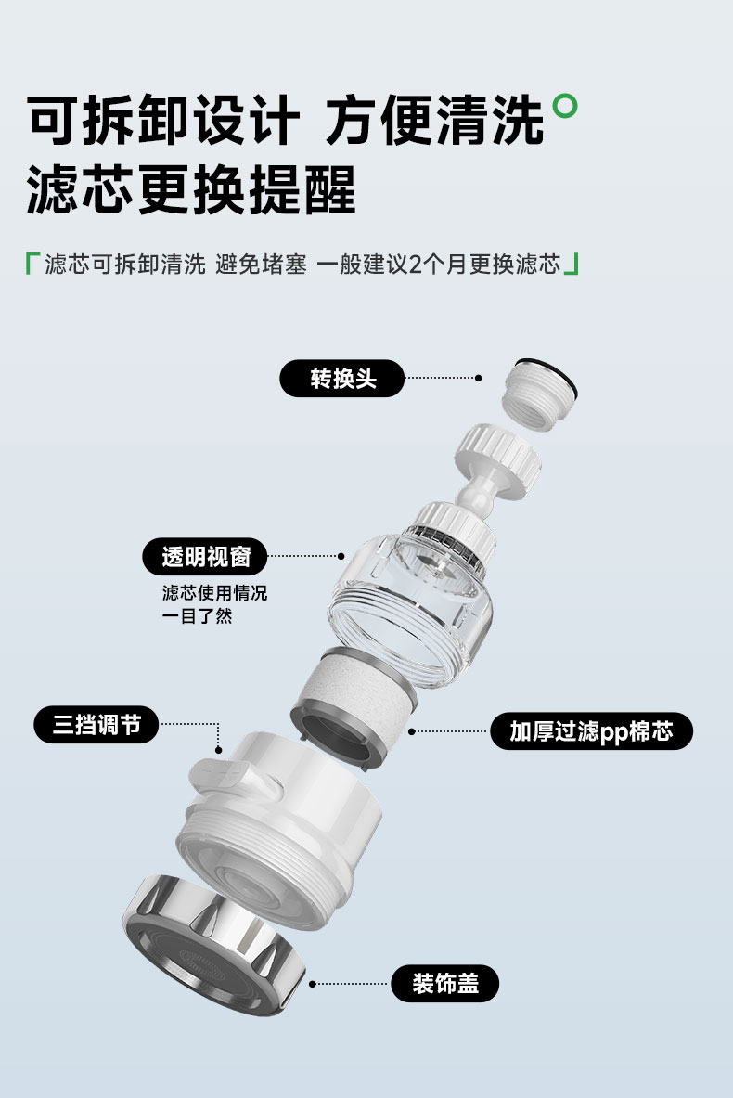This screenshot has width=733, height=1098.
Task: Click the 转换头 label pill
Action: click(x=341, y=378)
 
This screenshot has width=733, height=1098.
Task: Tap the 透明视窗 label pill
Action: click(x=205, y=557)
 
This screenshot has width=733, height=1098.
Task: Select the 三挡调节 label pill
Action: click(x=96, y=724)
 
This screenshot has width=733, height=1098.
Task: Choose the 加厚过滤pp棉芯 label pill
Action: click(x=592, y=731)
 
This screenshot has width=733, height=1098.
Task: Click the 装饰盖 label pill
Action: click(x=445, y=983)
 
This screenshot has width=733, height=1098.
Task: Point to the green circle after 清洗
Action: click(x=565, y=107)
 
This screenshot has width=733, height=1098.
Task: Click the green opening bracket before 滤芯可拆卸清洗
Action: click(x=30, y=264)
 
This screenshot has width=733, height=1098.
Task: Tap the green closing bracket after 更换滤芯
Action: click(x=572, y=264)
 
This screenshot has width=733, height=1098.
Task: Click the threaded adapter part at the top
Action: click(x=540, y=394)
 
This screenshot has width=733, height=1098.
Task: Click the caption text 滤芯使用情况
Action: click(x=215, y=593)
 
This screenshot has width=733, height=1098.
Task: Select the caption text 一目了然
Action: click(x=198, y=616)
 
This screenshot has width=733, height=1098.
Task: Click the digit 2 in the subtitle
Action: click(x=415, y=265)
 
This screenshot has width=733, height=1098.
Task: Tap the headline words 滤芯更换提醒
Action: click(x=191, y=189)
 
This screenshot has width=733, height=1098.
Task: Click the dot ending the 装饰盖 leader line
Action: click(x=313, y=984)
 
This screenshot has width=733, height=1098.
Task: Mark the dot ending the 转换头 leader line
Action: click(x=478, y=378)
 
